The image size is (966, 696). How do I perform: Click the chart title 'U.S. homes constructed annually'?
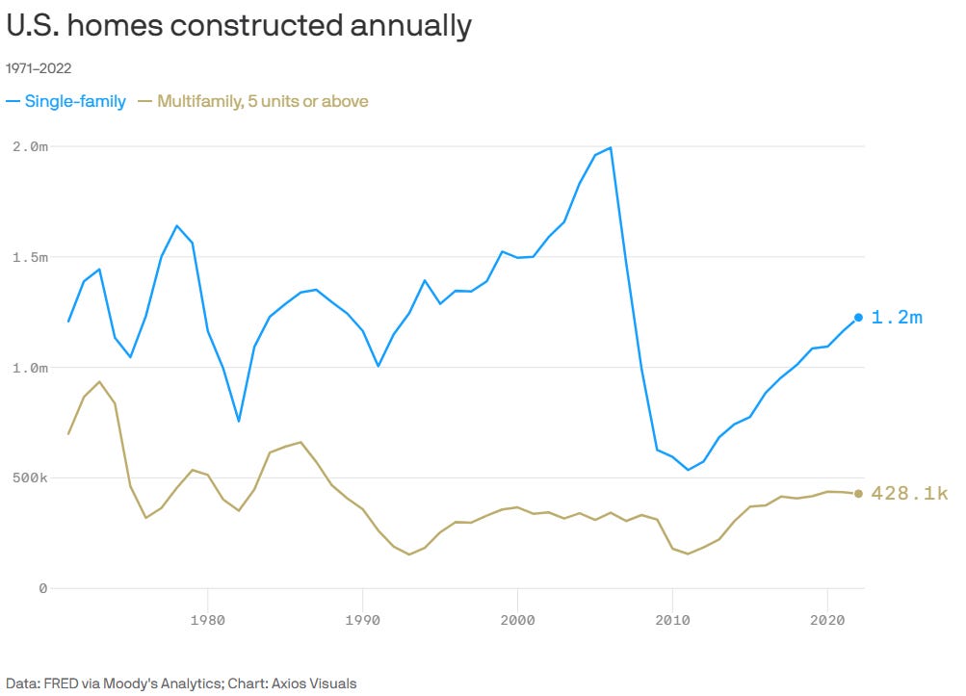(239, 26)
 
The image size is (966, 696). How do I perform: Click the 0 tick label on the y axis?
(42, 588)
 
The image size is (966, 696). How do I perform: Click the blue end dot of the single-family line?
(858, 318)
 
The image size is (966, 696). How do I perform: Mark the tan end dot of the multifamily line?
(858, 494)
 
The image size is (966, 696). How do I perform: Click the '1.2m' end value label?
(897, 318)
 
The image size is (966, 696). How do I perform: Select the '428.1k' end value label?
(909, 494)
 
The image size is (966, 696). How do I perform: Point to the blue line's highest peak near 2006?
(611, 148)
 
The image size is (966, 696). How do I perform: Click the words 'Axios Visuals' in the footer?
(315, 683)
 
